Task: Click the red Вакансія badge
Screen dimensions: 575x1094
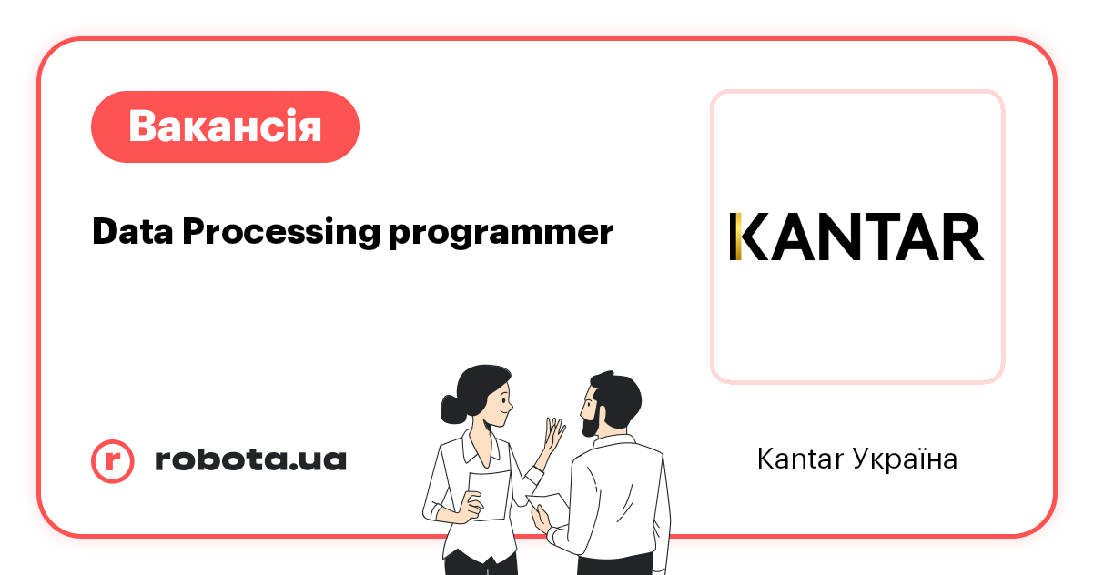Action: click(225, 126)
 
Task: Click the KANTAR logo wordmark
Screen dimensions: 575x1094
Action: click(856, 237)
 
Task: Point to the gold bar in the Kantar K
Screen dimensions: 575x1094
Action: click(735, 237)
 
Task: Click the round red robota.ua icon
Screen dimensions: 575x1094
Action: click(113, 460)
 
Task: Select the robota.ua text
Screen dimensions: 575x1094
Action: click(250, 460)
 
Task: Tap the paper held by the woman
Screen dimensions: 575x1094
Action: click(489, 495)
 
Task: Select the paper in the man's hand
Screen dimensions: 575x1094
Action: click(550, 503)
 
